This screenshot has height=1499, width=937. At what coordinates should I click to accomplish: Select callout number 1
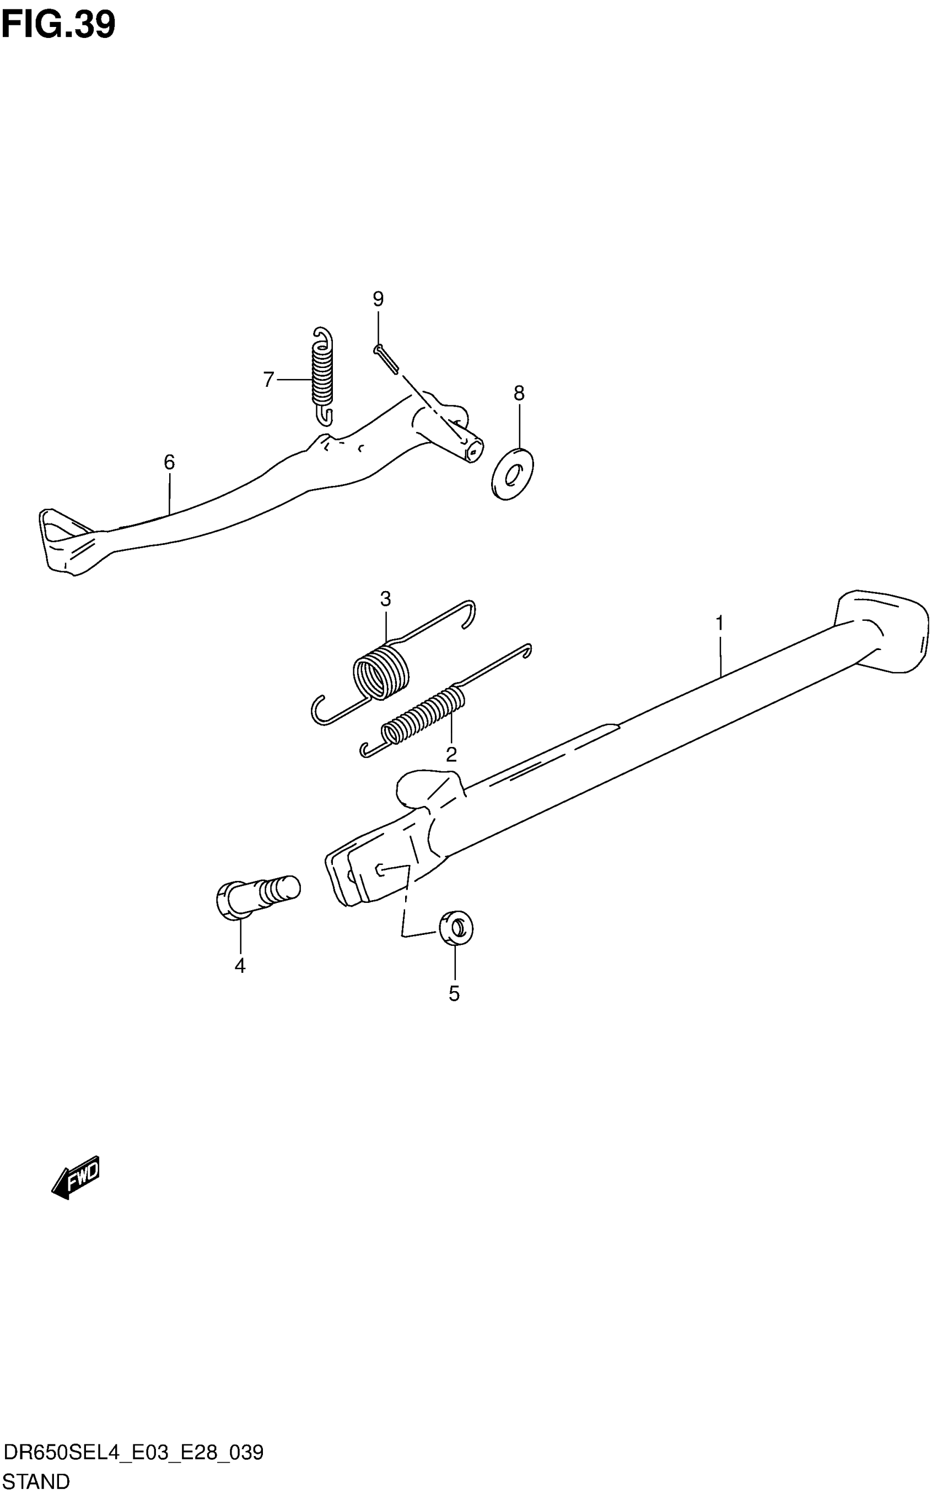coord(719,623)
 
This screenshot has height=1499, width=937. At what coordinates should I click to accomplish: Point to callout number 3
coord(385,599)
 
